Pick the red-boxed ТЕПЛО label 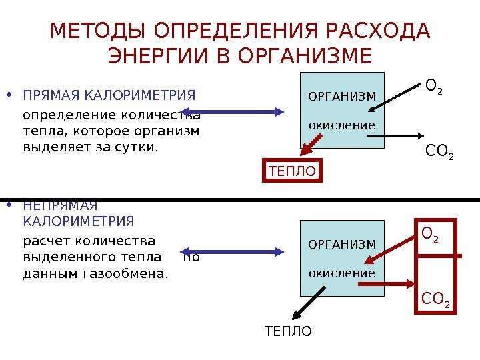(x=292, y=171)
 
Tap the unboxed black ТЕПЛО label (x=288, y=331)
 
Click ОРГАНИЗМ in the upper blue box (x=342, y=99)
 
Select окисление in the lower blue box (x=342, y=273)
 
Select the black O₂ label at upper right (x=433, y=87)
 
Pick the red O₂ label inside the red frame (x=431, y=235)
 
